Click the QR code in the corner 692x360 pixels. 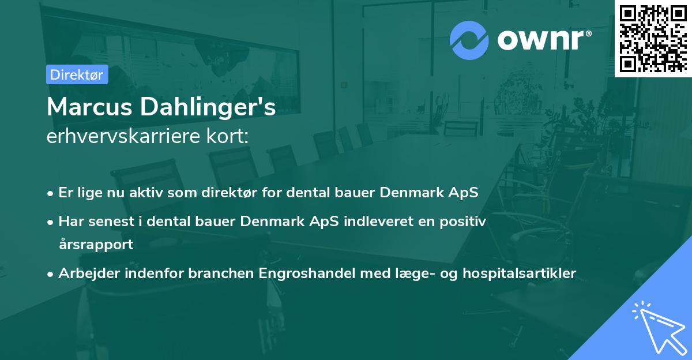point(653,38)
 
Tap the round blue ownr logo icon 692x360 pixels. point(469,40)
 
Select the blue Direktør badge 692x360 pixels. point(77,74)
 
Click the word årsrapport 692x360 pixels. point(96,244)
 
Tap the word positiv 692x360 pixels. point(464,221)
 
